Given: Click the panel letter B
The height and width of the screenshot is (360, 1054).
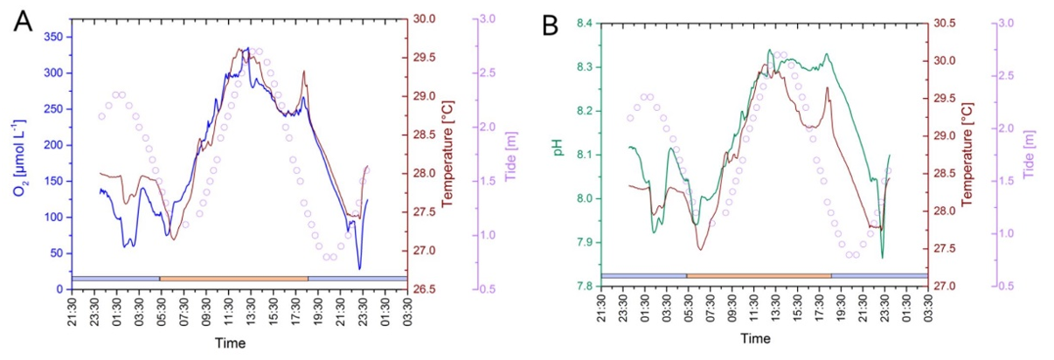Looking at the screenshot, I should (551, 25).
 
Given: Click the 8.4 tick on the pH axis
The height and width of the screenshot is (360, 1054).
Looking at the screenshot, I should (584, 24).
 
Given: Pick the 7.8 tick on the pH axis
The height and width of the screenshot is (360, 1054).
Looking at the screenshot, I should (584, 287).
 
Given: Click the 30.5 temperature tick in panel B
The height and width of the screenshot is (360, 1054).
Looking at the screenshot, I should (948, 24).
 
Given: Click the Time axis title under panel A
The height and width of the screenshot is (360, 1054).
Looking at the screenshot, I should (238, 343).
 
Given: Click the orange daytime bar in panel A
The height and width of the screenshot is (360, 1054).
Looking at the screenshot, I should (233, 278).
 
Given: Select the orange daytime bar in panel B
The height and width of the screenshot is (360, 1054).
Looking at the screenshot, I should (759, 275).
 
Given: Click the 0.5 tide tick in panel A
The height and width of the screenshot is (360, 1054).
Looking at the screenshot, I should (486, 289).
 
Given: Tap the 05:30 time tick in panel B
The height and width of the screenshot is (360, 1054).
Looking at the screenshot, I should (690, 309).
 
